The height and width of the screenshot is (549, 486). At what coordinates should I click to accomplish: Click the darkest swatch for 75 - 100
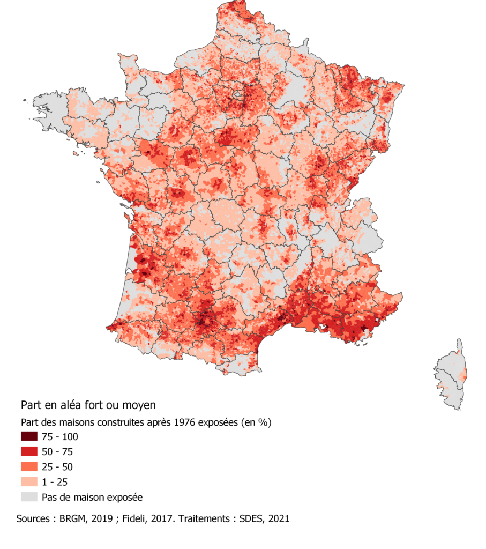[x=29, y=436]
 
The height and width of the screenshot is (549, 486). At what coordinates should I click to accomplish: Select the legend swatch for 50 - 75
[x=29, y=451]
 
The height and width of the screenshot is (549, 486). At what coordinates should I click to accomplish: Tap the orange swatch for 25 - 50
[x=29, y=466]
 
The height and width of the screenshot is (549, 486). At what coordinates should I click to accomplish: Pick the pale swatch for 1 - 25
[x=29, y=481]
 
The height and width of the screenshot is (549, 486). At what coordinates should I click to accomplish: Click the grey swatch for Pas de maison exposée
[x=29, y=497]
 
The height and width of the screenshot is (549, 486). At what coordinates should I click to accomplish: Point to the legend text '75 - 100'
[x=59, y=436]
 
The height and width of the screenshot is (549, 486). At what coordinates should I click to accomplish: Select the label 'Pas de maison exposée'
[x=92, y=497]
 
